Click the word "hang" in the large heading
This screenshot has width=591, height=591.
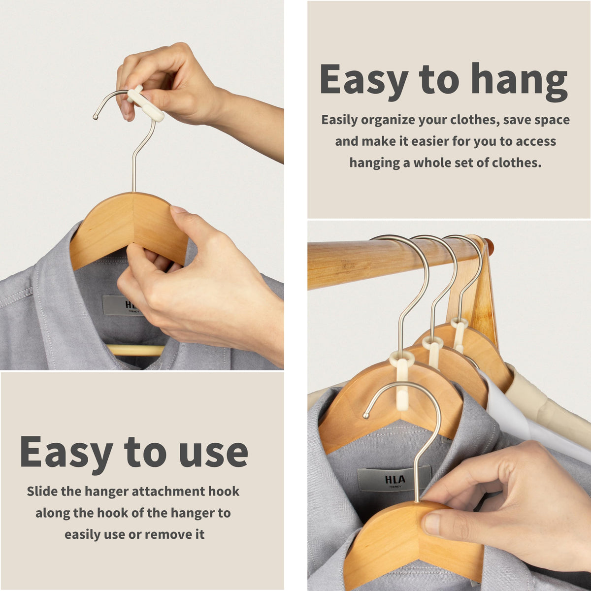(x=519, y=81)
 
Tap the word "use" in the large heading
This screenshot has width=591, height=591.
(x=213, y=452)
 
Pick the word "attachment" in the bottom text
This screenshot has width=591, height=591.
(x=168, y=492)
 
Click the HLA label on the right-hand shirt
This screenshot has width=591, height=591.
(x=395, y=480)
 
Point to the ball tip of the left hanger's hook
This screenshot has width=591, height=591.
(x=96, y=117)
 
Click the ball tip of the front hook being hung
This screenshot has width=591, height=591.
(x=366, y=416)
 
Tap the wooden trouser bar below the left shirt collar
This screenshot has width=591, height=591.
(x=135, y=350)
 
